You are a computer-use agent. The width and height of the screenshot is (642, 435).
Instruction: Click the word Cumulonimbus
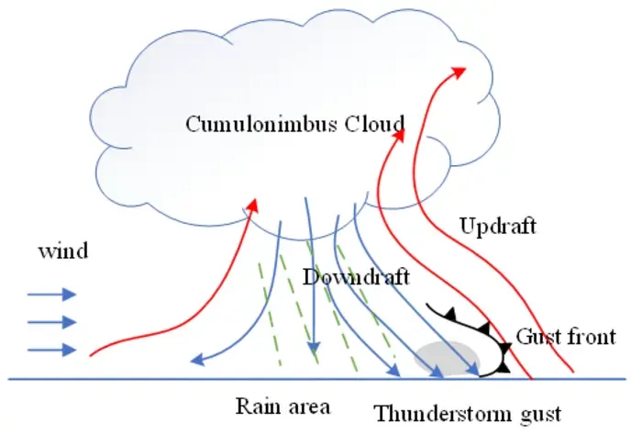[261, 124]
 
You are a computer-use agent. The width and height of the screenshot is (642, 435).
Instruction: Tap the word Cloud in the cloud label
[374, 124]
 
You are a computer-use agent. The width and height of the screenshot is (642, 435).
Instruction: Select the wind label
[63, 251]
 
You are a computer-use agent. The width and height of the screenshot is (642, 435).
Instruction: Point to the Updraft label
[498, 226]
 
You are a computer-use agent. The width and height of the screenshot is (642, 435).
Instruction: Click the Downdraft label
[356, 277]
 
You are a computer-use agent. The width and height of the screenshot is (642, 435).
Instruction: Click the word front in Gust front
[592, 337]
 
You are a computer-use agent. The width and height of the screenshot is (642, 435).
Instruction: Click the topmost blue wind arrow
[51, 294]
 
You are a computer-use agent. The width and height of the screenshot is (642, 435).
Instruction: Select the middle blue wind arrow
[51, 322]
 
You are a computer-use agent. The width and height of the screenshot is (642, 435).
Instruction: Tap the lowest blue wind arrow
[51, 350]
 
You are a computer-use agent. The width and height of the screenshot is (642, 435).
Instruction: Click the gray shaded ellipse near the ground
[447, 359]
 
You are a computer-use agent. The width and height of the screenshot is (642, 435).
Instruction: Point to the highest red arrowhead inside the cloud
[459, 72]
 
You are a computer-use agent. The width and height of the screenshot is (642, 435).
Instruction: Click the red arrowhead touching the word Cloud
[399, 135]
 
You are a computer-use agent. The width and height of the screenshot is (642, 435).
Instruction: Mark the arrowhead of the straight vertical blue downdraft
[314, 347]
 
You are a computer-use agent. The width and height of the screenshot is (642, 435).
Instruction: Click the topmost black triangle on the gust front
[451, 315]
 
